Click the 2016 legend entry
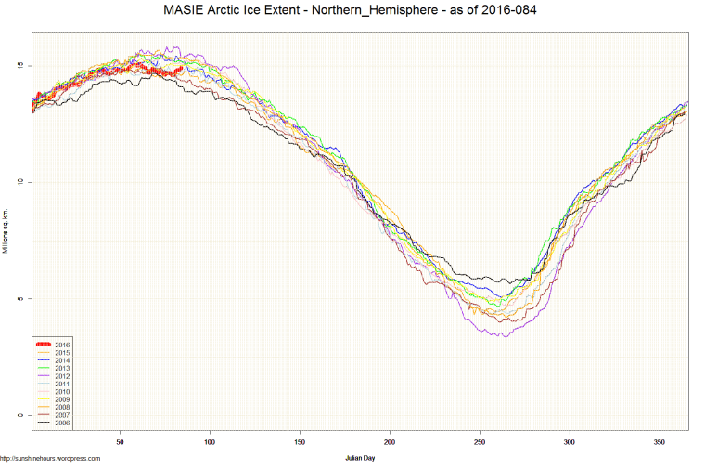tap(62, 345)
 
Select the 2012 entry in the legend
tap(62, 376)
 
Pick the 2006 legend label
tap(62, 423)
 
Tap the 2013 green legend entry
tap(62, 368)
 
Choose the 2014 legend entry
tap(62, 360)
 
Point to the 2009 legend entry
tap(62, 399)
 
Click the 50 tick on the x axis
tap(120, 443)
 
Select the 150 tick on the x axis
tap(300, 443)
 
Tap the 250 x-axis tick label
tap(480, 443)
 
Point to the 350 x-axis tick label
tap(660, 443)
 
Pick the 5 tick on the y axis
tap(20, 298)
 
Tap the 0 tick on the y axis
tap(20, 415)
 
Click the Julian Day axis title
tap(360, 458)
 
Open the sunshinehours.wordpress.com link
tap(50, 458)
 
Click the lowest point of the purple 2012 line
tap(505, 335)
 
